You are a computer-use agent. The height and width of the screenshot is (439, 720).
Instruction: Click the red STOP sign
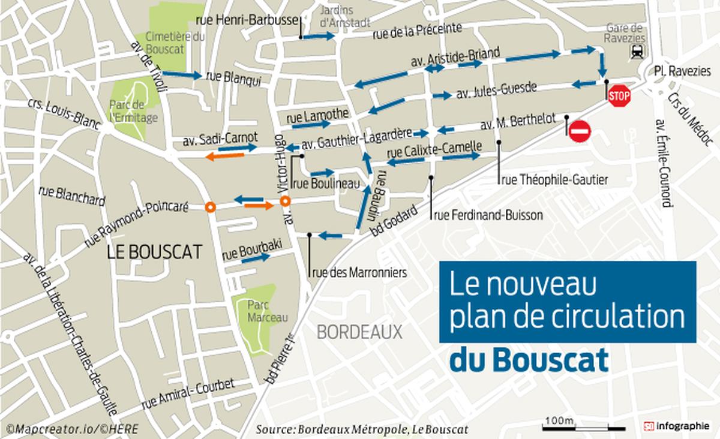click(619, 95)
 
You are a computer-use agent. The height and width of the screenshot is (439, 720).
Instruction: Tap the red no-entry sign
click(580, 131)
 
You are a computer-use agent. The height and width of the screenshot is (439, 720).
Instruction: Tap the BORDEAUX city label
click(359, 331)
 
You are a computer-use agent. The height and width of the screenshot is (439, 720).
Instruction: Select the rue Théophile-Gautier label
click(554, 179)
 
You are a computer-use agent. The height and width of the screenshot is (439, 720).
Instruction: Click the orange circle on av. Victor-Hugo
click(286, 202)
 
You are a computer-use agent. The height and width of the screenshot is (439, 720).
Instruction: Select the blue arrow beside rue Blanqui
click(182, 75)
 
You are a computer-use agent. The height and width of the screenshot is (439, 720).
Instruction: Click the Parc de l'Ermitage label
click(133, 112)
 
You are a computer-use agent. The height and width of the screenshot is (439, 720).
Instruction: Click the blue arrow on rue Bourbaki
click(262, 258)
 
